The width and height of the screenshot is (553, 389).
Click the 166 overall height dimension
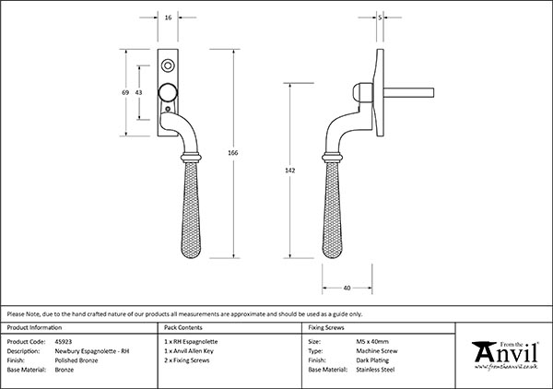click(x=233, y=153)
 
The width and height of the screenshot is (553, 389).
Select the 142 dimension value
click(x=289, y=171)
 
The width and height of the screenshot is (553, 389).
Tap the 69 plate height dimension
click(x=125, y=92)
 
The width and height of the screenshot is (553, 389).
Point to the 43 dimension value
click(x=138, y=92)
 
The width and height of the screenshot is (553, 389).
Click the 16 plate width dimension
click(x=168, y=18)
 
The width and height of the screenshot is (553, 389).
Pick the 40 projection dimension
click(x=347, y=289)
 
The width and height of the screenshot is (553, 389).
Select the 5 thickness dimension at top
click(x=380, y=18)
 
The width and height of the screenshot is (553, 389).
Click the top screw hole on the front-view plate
click(x=168, y=65)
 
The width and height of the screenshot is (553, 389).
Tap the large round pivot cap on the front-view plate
click(x=168, y=93)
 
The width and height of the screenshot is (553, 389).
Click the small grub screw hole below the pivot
click(x=168, y=109)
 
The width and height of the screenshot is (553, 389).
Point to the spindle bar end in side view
click(x=432, y=93)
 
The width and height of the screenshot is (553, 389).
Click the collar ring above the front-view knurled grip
click(x=191, y=158)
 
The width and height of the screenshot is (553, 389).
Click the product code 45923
click(x=64, y=341)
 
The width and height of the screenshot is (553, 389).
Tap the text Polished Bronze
click(x=76, y=360)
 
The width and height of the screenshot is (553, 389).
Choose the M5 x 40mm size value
click(x=372, y=341)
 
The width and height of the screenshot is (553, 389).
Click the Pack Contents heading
click(x=183, y=327)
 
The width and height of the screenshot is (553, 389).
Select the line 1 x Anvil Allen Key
click(x=189, y=351)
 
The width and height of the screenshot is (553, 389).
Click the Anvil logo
click(x=505, y=355)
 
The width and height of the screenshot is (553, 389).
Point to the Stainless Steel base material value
click(x=375, y=370)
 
